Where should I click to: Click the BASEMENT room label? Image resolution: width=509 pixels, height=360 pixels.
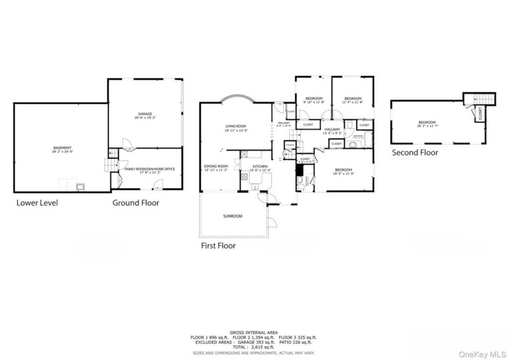[x=63, y=148]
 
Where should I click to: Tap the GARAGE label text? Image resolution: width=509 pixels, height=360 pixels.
[x=145, y=114]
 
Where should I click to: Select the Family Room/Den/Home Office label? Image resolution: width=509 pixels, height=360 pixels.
[x=147, y=170]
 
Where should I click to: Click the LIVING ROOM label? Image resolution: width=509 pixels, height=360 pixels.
[x=236, y=126]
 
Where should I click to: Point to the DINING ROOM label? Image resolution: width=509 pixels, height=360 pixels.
[x=216, y=166]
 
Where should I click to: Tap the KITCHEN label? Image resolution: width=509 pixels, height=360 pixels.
[x=260, y=166]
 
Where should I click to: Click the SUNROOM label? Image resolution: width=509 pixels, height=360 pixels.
[x=233, y=216]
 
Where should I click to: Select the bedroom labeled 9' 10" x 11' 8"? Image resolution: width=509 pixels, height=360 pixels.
[x=314, y=98]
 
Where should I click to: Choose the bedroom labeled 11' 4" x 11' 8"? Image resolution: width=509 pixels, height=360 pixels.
[x=352, y=98]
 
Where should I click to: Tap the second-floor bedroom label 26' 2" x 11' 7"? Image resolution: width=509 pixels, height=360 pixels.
[x=426, y=123]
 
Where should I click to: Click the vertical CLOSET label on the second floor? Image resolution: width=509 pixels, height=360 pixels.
[x=480, y=114]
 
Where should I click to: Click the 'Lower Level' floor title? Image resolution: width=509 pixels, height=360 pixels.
[x=37, y=202]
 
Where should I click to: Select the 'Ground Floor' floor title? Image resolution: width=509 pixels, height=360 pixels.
[x=136, y=202]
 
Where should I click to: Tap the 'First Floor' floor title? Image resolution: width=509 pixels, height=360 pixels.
[x=218, y=246]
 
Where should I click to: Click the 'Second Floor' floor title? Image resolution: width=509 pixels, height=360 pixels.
[x=415, y=153]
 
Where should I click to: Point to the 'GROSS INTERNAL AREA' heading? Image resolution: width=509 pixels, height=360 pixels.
[x=254, y=332]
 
